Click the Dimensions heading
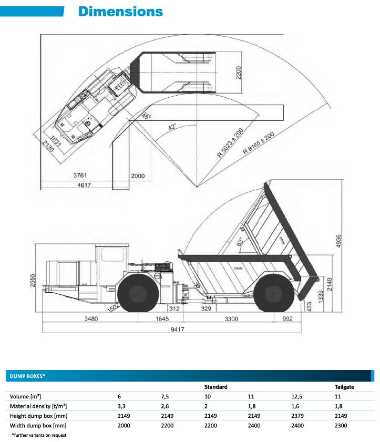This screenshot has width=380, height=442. [x=120, y=12]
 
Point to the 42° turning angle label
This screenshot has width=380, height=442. [x=172, y=127]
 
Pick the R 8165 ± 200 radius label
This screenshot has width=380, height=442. [x=259, y=143]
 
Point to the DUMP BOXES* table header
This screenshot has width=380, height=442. [x=25, y=376]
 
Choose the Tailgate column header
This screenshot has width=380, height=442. [x=344, y=387]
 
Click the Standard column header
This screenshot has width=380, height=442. [x=215, y=387]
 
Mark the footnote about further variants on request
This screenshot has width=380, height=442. [x=39, y=435]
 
